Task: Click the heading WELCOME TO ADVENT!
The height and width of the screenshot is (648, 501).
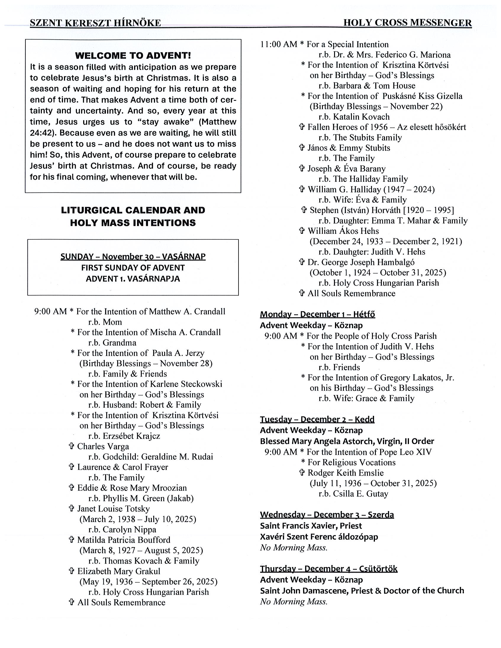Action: [x=133, y=56]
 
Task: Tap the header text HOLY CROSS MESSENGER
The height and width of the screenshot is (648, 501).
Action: [x=407, y=23]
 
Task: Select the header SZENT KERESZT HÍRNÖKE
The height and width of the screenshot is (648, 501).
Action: [x=95, y=23]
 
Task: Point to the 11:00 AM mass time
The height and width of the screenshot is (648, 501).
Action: [x=278, y=45]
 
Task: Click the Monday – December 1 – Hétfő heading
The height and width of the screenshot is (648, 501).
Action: [x=317, y=314]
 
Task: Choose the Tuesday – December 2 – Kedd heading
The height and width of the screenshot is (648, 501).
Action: [x=317, y=419]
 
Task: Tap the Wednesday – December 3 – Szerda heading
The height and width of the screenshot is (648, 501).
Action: [x=327, y=514]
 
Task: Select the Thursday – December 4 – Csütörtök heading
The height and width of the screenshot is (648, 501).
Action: [x=328, y=569]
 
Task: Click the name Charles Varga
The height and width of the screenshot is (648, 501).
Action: [x=103, y=446]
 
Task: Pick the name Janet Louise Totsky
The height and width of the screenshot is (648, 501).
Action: [x=113, y=508]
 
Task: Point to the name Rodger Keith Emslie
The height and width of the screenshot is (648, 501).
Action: [x=345, y=473]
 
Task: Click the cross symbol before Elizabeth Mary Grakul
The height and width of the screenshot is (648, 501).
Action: [x=71, y=571]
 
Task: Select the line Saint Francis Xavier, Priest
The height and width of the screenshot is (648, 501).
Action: [x=311, y=526]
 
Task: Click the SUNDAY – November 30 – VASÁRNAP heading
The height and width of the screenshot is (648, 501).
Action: [x=133, y=256]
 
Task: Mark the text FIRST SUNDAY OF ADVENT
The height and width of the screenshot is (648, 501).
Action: [x=133, y=268]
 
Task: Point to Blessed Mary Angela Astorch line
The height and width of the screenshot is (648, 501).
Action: [x=347, y=441]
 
